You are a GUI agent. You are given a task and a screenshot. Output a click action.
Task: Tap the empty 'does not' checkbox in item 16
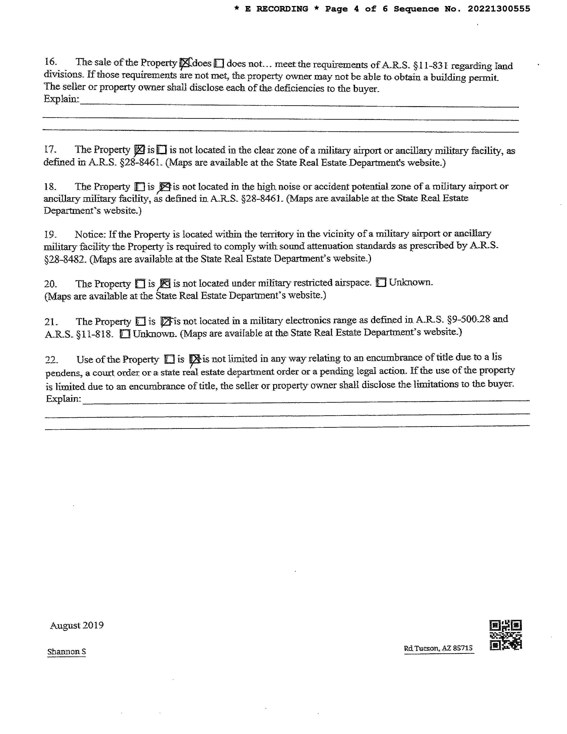click(219, 63)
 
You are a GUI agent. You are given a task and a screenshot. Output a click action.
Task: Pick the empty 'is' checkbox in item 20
click(140, 284)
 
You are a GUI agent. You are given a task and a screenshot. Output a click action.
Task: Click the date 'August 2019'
click(77, 625)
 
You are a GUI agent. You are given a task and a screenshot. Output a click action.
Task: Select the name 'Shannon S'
click(66, 652)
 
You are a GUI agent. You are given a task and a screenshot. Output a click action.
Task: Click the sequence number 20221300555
click(499, 9)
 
